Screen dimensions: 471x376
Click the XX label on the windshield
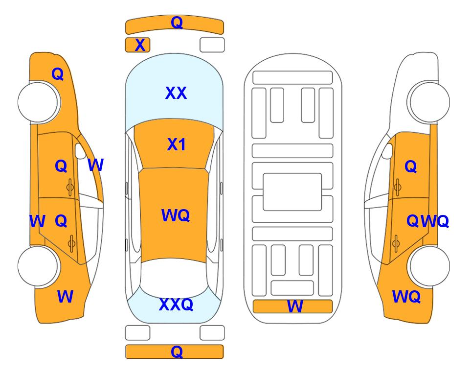click(x=176, y=93)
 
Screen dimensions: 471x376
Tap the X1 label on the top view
click(x=177, y=144)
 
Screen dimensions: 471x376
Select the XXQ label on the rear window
click(x=176, y=305)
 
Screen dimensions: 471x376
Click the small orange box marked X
click(x=137, y=45)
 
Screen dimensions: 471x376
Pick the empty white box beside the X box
click(x=212, y=45)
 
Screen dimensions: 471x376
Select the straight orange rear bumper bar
click(x=175, y=352)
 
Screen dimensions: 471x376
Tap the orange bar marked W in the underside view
click(x=293, y=306)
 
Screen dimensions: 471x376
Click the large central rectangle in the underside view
click(x=292, y=192)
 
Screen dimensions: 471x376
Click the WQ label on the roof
click(x=176, y=215)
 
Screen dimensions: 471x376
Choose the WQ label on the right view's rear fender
click(x=406, y=297)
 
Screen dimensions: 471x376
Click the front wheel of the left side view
click(x=38, y=102)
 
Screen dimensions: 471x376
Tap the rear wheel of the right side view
click(x=429, y=266)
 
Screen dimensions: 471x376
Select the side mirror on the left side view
click(x=81, y=151)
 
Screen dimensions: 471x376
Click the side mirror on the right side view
click(x=387, y=151)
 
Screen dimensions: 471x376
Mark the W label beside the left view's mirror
click(x=96, y=165)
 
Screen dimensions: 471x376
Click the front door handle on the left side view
click(x=70, y=188)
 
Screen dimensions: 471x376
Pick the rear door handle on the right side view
click(x=396, y=244)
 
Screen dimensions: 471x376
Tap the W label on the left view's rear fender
click(x=65, y=297)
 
